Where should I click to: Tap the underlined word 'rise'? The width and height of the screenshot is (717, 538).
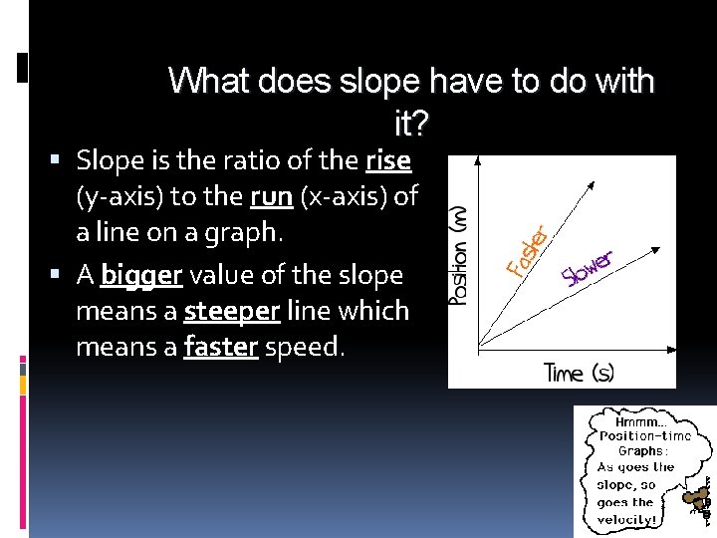388,159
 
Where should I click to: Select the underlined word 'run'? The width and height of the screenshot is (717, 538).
271,196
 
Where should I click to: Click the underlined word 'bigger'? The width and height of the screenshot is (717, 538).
140,274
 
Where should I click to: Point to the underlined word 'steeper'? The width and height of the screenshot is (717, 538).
232,311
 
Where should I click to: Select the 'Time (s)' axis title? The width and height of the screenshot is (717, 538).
579,373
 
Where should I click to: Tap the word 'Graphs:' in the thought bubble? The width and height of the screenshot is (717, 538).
641,451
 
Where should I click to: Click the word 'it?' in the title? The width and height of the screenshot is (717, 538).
412,125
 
